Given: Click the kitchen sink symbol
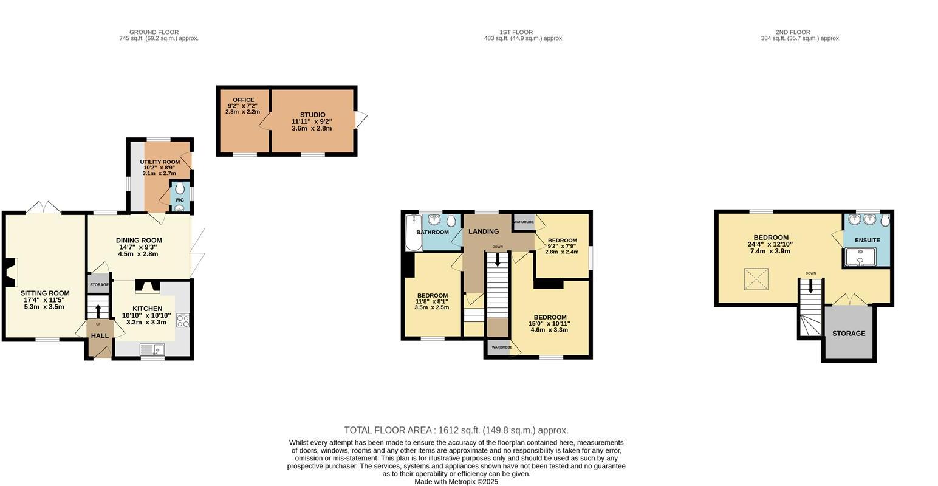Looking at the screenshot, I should [x=152, y=349].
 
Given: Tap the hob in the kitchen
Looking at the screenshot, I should [x=183, y=320].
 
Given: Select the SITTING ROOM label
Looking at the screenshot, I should [x=45, y=293].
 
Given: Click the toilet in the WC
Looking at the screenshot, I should [x=180, y=189].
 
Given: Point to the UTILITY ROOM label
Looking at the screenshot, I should [x=160, y=162].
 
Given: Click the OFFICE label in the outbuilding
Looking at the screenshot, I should [x=243, y=100].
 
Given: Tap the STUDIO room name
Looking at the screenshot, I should [x=312, y=115].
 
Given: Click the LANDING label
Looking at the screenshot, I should [x=484, y=231].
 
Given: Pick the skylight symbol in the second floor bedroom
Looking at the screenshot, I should [x=756, y=279].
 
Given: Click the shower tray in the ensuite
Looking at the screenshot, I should [x=860, y=257].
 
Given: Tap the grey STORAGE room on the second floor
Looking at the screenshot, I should [x=849, y=334].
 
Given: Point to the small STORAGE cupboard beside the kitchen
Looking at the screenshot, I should [x=99, y=284].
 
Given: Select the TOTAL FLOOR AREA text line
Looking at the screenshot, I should [x=456, y=430].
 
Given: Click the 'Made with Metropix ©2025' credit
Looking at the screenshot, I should [x=456, y=482].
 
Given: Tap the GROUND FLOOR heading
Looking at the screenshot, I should [x=154, y=32].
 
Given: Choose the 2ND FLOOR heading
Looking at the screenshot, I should [x=793, y=32].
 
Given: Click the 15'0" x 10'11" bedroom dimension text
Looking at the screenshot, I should [x=549, y=324].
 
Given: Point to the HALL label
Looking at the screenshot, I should [x=100, y=335].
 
